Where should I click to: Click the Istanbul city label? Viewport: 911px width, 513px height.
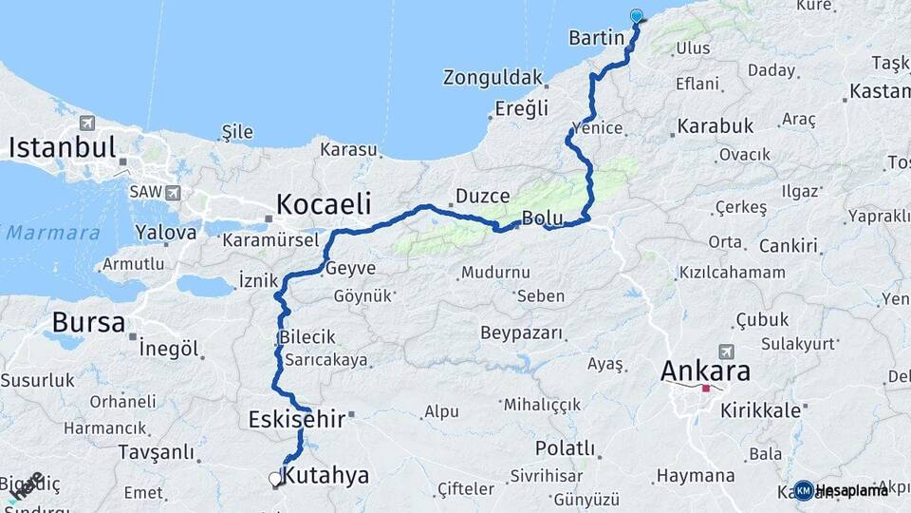coord(63,148)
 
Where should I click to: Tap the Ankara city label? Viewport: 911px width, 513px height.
coord(705,370)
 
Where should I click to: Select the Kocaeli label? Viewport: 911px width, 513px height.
coord(323,204)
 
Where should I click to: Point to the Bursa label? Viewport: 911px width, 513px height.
coord(88,323)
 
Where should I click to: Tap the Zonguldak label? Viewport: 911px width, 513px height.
coord(493,77)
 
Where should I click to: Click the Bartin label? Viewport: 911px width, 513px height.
coord(596,38)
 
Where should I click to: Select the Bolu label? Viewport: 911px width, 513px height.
coord(543,218)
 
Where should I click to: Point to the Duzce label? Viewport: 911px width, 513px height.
coord(483,196)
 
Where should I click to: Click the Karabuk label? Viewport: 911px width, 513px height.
coord(716,125)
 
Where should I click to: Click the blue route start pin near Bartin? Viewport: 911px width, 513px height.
coord(636,16)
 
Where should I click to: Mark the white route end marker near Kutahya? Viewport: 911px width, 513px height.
coord(275,479)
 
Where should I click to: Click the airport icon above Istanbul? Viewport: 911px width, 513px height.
coord(87,123)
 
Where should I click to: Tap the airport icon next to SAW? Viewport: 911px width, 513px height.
coord(173,193)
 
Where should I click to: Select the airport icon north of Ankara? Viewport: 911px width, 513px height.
coord(727,351)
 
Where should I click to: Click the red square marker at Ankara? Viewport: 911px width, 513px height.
coord(705,388)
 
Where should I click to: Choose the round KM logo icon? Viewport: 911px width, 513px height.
coord(804,490)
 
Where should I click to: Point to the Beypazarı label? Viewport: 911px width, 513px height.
coord(521,333)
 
